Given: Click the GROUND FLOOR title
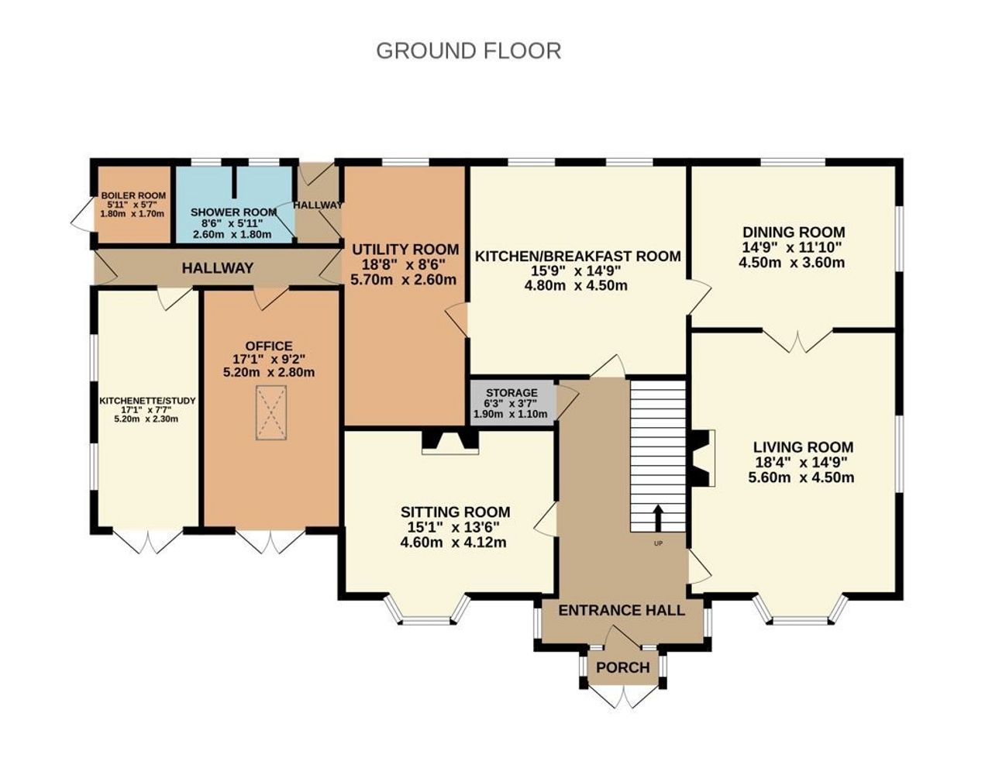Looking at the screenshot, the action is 468,50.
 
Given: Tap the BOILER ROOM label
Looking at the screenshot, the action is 133,196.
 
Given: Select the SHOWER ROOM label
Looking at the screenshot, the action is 233,212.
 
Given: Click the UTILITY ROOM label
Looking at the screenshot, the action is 405,250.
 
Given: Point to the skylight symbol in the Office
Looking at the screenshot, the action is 271,412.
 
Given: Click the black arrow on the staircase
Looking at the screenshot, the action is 658,518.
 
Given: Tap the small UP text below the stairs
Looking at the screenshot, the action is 658,543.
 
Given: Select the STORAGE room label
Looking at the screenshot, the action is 511,393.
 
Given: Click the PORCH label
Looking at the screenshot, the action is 622,667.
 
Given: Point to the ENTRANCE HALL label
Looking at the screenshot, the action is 622,611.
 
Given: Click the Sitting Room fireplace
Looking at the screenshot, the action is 449,442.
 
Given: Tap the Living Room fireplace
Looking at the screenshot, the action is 703,458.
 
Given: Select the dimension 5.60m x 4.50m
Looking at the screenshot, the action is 801,477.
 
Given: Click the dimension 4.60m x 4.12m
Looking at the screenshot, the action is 453,543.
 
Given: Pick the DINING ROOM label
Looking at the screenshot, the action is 794,232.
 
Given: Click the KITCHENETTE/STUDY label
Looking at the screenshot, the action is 147,402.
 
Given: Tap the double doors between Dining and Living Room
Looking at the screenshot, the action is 797,340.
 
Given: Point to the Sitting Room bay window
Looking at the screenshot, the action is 427,609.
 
